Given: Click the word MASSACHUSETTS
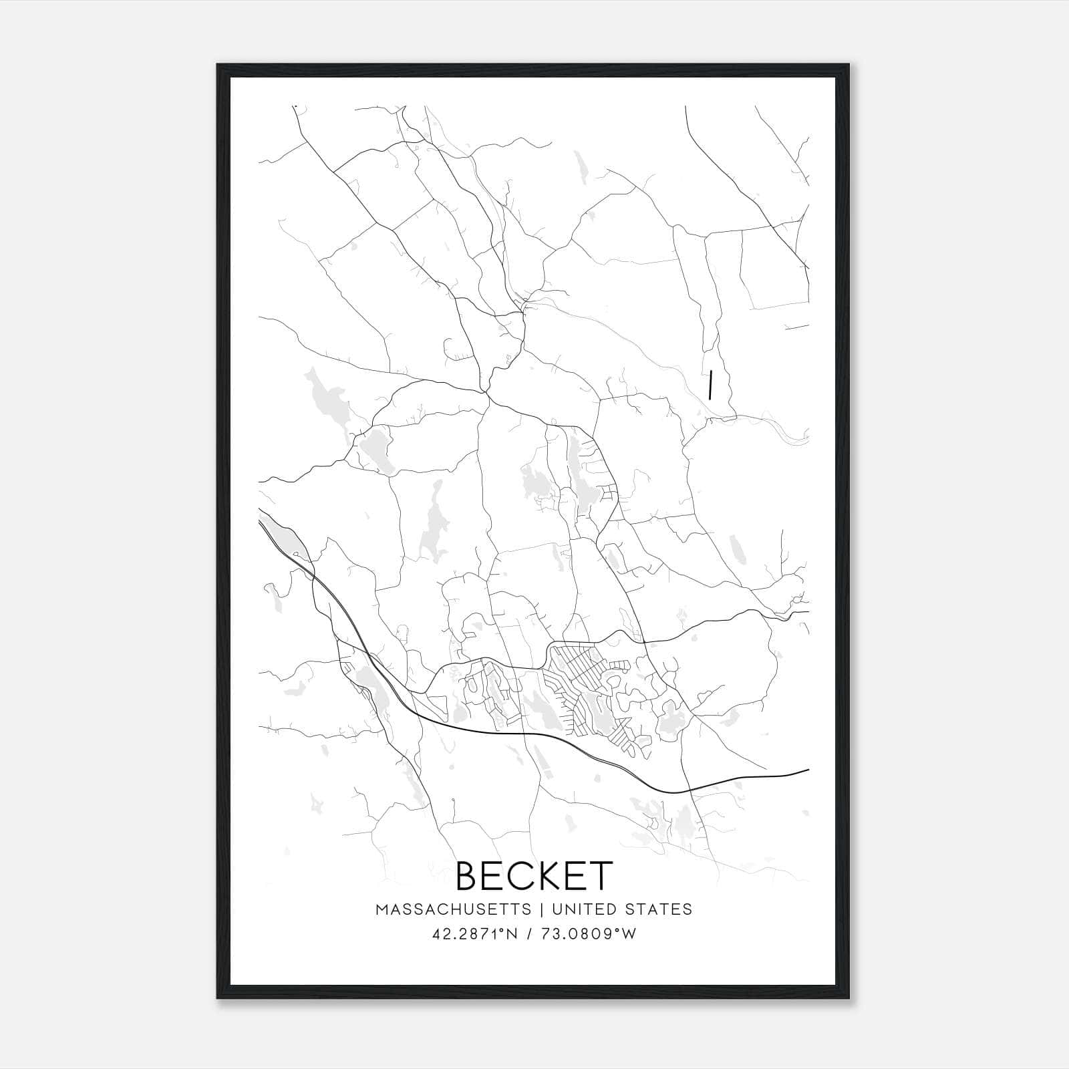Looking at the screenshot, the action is [454, 909].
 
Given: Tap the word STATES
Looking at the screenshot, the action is [658, 909].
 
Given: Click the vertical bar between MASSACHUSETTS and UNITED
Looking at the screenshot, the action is [541, 909].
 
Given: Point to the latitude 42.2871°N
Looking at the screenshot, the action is [475, 934].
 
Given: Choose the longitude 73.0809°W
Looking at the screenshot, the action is [588, 934].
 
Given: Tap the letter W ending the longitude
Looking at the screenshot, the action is [629, 934].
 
